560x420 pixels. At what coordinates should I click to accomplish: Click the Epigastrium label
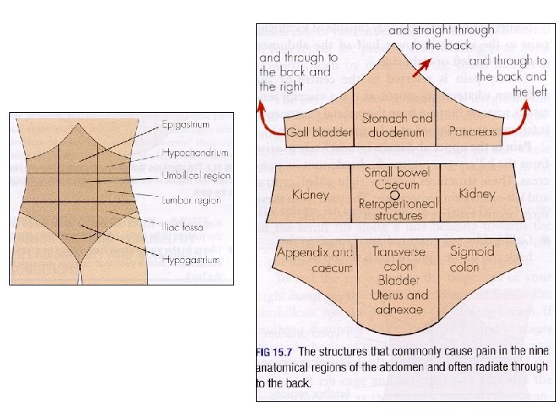click(186, 124)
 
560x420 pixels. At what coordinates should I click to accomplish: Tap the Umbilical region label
click(197, 176)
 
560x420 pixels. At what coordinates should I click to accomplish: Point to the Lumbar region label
click(191, 200)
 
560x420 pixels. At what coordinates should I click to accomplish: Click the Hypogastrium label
click(191, 259)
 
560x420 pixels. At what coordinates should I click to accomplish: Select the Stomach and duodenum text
click(397, 124)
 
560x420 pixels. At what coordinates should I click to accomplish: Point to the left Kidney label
click(310, 194)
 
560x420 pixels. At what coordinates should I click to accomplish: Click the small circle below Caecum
click(396, 194)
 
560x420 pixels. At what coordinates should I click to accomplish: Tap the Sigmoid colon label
click(471, 259)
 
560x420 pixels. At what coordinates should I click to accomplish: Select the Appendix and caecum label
click(315, 260)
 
